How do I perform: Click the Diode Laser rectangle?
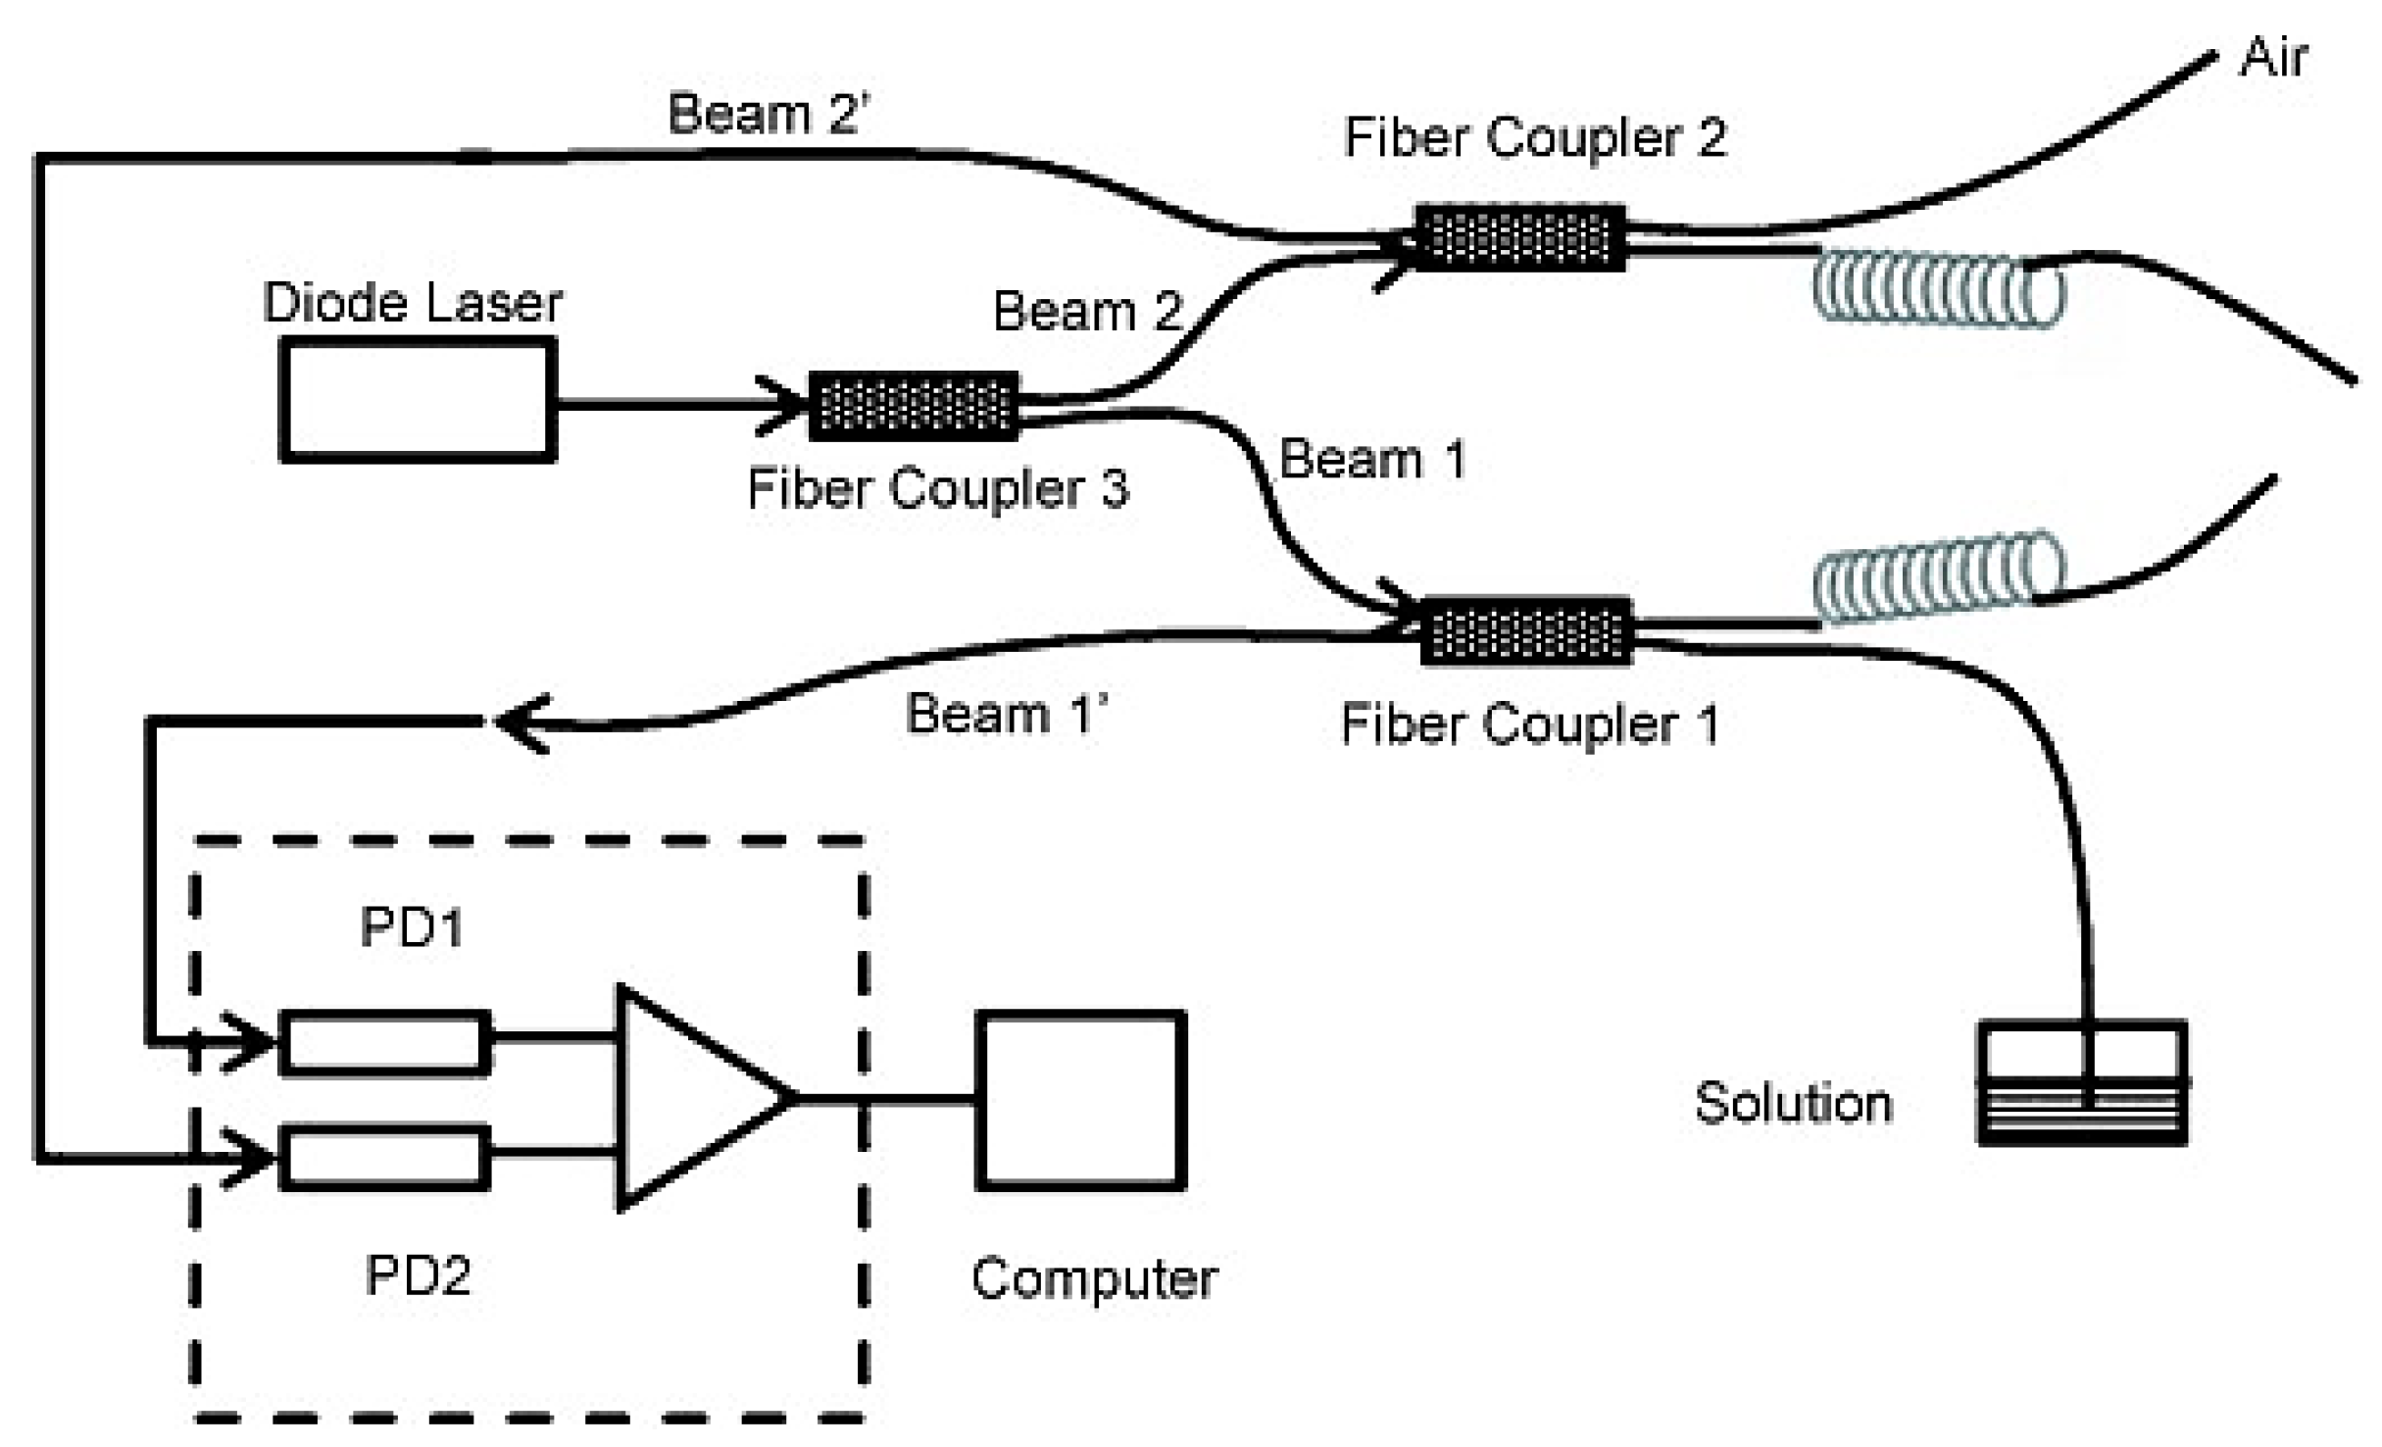tap(418, 399)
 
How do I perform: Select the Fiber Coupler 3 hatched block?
tap(914, 406)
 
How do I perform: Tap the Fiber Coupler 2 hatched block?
tap(1519, 237)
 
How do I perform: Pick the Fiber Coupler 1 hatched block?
tap(1526, 630)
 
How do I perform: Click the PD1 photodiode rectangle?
tap(385, 1043)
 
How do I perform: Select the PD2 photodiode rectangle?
tap(385, 1158)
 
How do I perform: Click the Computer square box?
tap(1081, 1100)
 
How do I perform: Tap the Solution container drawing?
tap(2082, 1082)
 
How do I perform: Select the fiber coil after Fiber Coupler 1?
tap(1938, 578)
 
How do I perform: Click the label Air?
tap(2272, 57)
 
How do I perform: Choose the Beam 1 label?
tap(1371, 458)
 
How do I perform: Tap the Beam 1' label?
tap(1006, 713)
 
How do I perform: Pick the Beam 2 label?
tap(1087, 311)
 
